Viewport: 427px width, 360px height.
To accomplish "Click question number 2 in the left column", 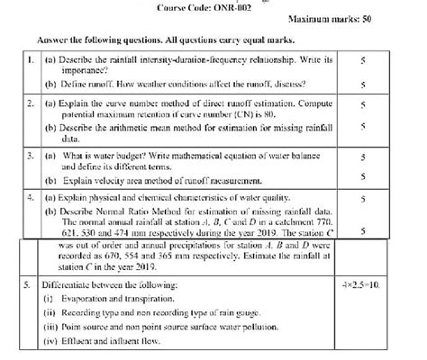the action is tap(31, 105).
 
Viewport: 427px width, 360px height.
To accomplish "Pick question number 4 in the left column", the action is tap(31, 194).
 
